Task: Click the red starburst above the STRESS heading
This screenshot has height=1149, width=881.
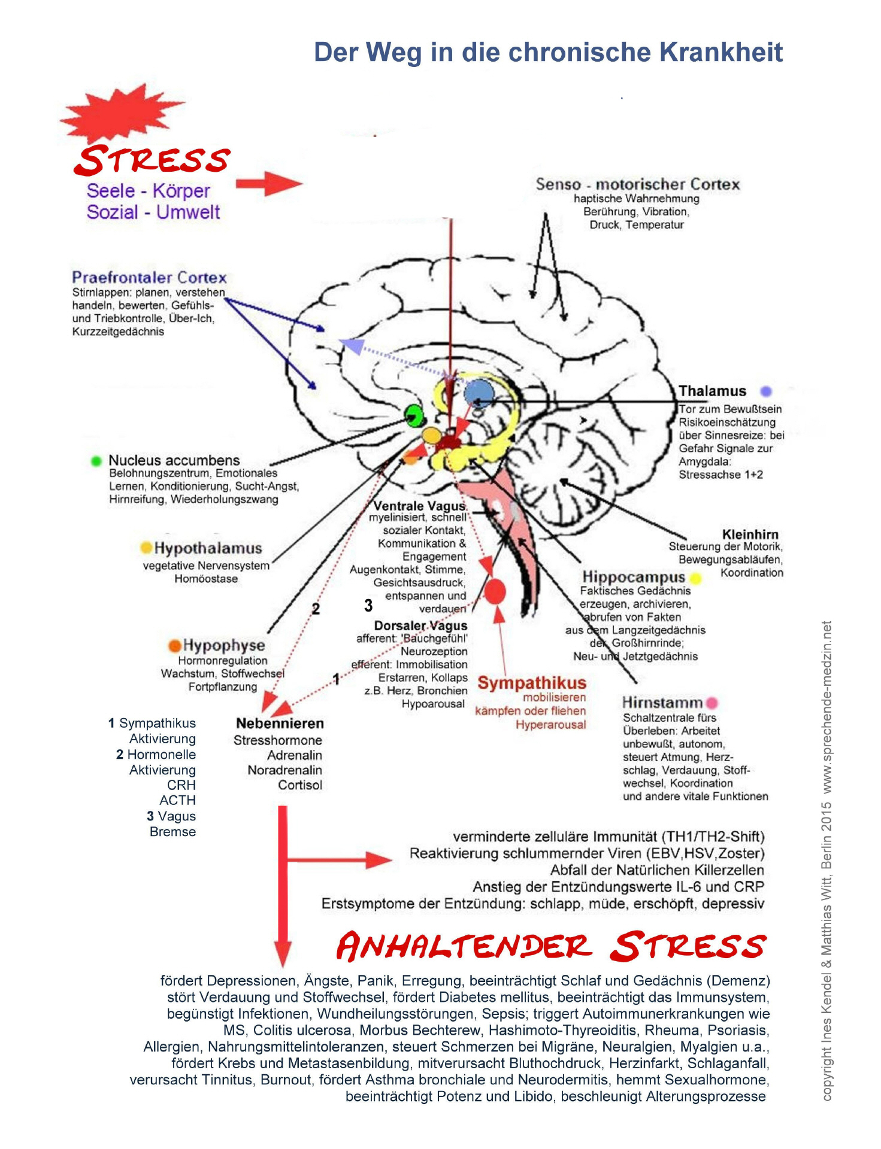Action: pyautogui.click(x=123, y=114)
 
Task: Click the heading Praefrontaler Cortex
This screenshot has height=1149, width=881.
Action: pyautogui.click(x=149, y=278)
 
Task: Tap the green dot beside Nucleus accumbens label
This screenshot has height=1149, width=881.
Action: pyautogui.click(x=96, y=461)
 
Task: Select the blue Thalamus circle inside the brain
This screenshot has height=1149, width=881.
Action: pyautogui.click(x=479, y=394)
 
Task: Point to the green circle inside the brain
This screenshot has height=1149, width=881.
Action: pyautogui.click(x=414, y=415)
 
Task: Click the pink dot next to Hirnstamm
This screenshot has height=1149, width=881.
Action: pyautogui.click(x=712, y=703)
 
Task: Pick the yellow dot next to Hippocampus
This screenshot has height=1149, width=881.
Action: pyautogui.click(x=695, y=578)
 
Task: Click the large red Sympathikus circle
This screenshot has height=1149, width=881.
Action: pyautogui.click(x=495, y=591)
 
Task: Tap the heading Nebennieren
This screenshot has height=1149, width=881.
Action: pyautogui.click(x=280, y=724)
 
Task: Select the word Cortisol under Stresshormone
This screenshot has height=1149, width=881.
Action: pyautogui.click(x=299, y=785)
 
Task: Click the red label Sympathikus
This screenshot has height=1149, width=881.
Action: pyautogui.click(x=532, y=683)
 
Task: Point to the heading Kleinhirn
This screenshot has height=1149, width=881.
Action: pyautogui.click(x=750, y=534)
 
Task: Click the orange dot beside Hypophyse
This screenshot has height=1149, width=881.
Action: pyautogui.click(x=174, y=646)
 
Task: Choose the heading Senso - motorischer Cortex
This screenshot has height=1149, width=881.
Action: pyautogui.click(x=637, y=184)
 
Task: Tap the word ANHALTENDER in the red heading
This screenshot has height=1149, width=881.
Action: pyautogui.click(x=464, y=946)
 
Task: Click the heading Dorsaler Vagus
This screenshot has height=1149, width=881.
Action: pyautogui.click(x=420, y=626)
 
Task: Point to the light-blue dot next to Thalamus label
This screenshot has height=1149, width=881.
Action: pyautogui.click(x=765, y=391)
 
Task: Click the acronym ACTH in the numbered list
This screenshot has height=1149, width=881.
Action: pyautogui.click(x=177, y=801)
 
